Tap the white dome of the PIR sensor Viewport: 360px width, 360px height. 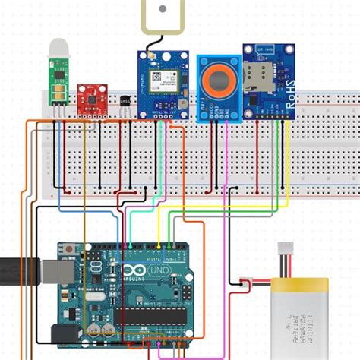pos(58,48)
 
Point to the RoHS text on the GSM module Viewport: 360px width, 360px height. pos(289,88)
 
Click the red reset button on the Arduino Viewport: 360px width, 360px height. pos(69,248)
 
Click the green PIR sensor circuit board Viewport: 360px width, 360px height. pos(57,84)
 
